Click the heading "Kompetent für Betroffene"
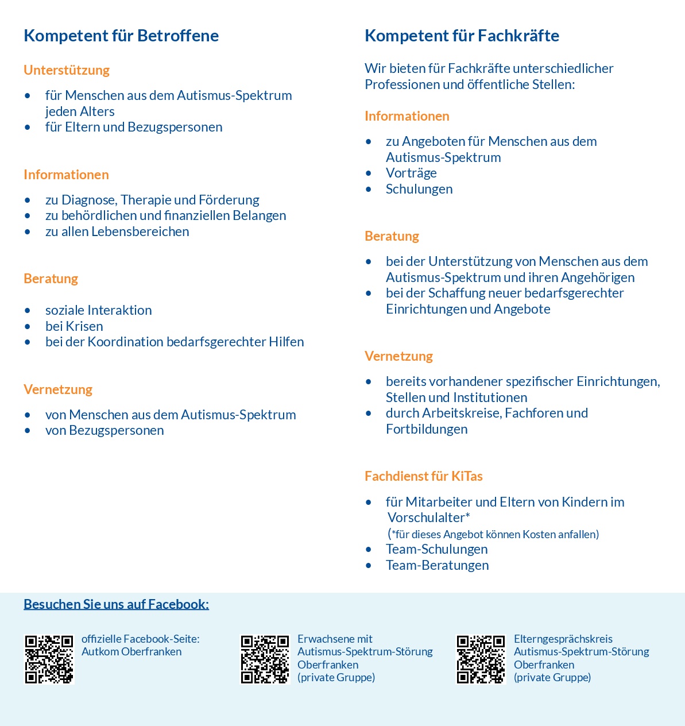pos(121,36)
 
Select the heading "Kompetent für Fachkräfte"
pos(462,36)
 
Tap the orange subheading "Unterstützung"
pos(67,70)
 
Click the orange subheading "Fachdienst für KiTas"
pos(423,476)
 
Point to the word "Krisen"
pos(85,326)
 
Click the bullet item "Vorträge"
pos(411,173)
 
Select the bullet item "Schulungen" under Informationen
pos(419,189)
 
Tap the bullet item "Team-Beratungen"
pos(437,565)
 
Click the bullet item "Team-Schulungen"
pos(436,549)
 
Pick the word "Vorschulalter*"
pos(429,518)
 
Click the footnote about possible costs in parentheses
pos(493,534)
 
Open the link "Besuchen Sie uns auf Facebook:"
pos(116,604)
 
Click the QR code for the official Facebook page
pos(49,659)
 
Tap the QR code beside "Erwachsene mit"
pos(265,659)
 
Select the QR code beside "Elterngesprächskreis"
pos(481,659)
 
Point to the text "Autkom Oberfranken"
pos(131,652)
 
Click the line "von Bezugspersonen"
pos(105,430)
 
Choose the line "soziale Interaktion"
pos(99,310)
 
